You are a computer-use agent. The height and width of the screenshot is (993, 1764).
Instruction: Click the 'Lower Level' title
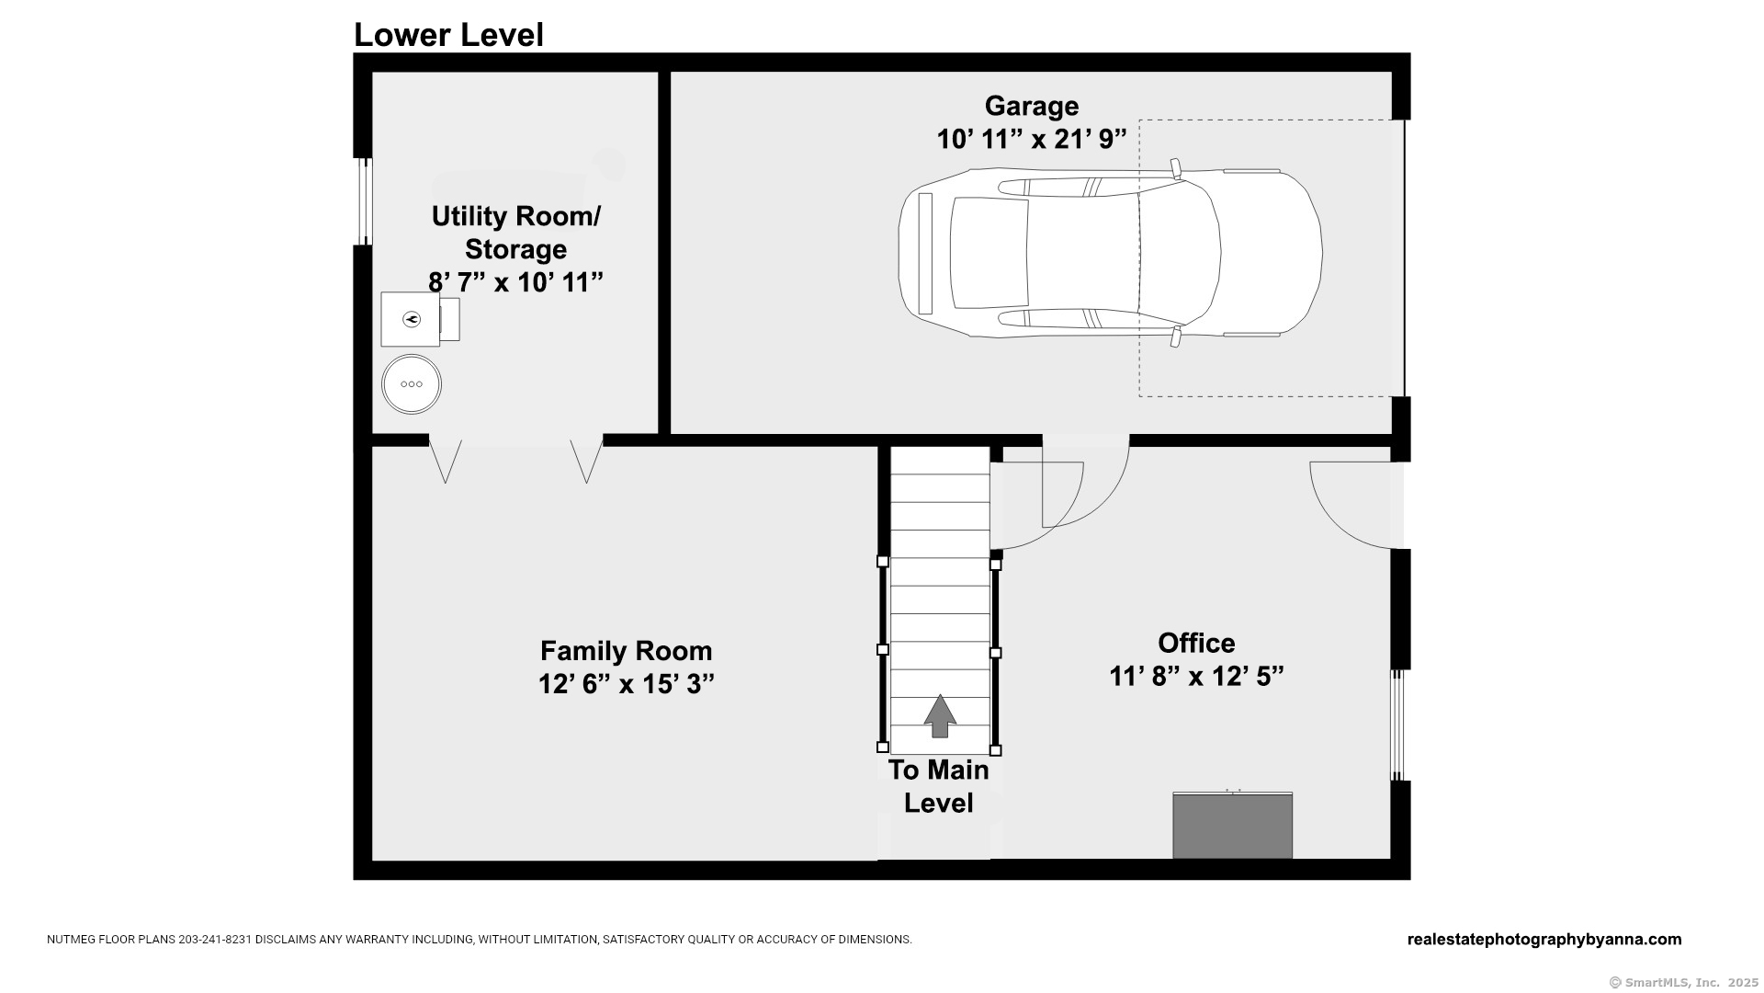448,35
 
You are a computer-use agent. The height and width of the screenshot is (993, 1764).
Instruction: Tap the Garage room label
1032,106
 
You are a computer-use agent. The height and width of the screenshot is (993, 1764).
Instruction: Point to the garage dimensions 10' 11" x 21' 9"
1032,139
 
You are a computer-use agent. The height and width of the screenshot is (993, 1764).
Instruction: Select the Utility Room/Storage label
516,233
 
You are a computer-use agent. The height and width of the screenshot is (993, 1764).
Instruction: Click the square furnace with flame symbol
411,319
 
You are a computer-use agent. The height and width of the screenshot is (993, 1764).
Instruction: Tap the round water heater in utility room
412,384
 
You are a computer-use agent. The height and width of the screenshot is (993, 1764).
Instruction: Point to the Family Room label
627,651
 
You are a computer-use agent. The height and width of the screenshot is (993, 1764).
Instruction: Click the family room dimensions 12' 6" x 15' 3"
627,684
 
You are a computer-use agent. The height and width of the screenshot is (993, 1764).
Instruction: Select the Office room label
1196,643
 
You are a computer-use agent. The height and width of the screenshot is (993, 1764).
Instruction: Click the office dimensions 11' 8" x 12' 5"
1196,676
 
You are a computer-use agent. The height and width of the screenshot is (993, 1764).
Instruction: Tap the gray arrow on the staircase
939,715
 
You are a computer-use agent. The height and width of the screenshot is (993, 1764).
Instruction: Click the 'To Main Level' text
939,786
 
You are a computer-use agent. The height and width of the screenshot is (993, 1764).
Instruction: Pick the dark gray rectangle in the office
1233,826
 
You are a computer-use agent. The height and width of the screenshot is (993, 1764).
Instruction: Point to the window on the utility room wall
365,201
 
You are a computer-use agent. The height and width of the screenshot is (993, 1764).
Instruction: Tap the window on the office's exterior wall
1398,725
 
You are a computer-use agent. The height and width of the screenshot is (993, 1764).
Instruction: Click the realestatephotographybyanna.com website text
1544,940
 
